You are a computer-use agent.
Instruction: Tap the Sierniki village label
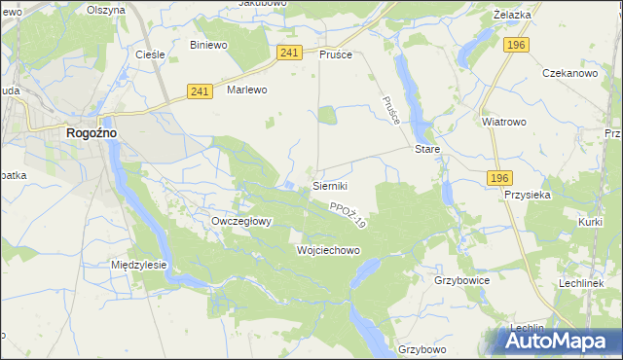pyautogui.click(x=330, y=185)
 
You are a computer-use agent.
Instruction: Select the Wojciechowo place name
pyautogui.click(x=328, y=250)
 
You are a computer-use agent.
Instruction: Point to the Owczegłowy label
pyautogui.click(x=241, y=221)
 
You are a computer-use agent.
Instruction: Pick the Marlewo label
pyautogui.click(x=246, y=90)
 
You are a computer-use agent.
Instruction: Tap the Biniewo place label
pyautogui.click(x=209, y=45)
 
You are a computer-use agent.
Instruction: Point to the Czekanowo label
pyautogui.click(x=569, y=73)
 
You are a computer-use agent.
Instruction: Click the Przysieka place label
pyautogui.click(x=529, y=195)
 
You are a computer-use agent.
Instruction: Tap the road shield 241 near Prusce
pyautogui.click(x=288, y=53)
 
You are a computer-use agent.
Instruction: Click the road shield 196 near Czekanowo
pyautogui.click(x=517, y=45)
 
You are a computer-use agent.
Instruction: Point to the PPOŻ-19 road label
pyautogui.click(x=348, y=215)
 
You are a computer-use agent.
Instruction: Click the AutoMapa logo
pyautogui.click(x=555, y=341)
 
